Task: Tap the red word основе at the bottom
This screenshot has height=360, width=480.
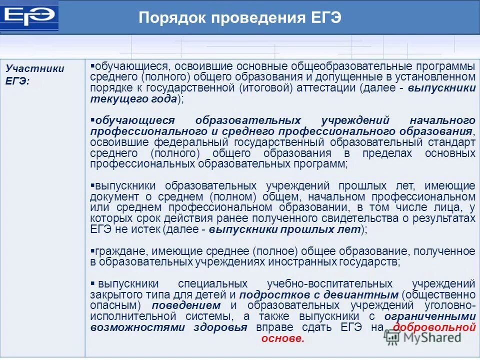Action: (282, 338)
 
